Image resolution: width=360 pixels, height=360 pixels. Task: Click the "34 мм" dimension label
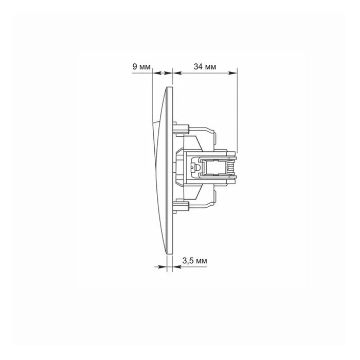pos(204,66)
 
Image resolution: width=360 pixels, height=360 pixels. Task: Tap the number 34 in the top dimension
pos(198,66)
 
